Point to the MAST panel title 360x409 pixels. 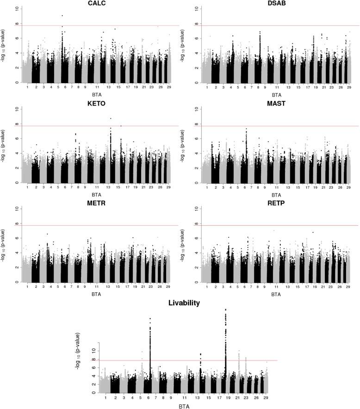pyautogui.click(x=275, y=104)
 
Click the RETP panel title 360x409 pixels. pyautogui.click(x=275, y=204)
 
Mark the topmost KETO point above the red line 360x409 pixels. pyautogui.click(x=111, y=118)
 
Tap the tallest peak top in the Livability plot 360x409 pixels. pyautogui.click(x=225, y=310)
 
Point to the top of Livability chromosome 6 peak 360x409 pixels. pyautogui.click(x=150, y=318)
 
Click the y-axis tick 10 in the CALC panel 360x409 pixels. pyautogui.click(x=17, y=8)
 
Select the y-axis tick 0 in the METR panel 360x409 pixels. pyautogui.click(x=17, y=282)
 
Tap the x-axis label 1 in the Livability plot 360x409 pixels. pyautogui.click(x=106, y=397)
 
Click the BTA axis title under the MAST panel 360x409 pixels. pyautogui.click(x=275, y=194)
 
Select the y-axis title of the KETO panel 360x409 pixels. pyautogui.click(x=5, y=146)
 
